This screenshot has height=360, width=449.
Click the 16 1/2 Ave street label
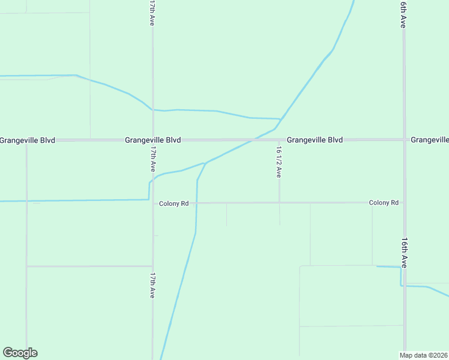point(279,162)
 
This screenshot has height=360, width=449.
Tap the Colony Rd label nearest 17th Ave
point(174,204)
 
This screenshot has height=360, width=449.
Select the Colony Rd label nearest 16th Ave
point(384,203)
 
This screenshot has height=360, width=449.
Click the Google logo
point(20,353)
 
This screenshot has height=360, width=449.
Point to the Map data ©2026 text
point(424,355)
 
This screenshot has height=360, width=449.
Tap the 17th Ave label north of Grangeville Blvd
point(152,13)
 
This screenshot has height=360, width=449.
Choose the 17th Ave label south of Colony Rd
point(153,286)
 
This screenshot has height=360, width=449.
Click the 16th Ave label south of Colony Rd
point(405,253)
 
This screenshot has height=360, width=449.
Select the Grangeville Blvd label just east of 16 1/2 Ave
point(315,140)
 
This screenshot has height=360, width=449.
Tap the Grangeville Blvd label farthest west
point(28,140)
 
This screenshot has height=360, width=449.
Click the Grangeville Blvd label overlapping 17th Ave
point(153,140)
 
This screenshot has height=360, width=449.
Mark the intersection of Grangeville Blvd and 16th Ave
point(405,140)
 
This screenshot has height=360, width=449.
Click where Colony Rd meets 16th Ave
point(405,203)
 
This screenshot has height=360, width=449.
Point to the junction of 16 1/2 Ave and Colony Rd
point(279,203)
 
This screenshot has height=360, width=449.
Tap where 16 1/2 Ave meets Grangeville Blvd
point(279,140)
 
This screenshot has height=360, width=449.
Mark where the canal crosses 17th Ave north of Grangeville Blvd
point(152,110)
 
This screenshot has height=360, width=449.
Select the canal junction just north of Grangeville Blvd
point(280,119)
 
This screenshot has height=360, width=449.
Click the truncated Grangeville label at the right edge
point(430,140)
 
